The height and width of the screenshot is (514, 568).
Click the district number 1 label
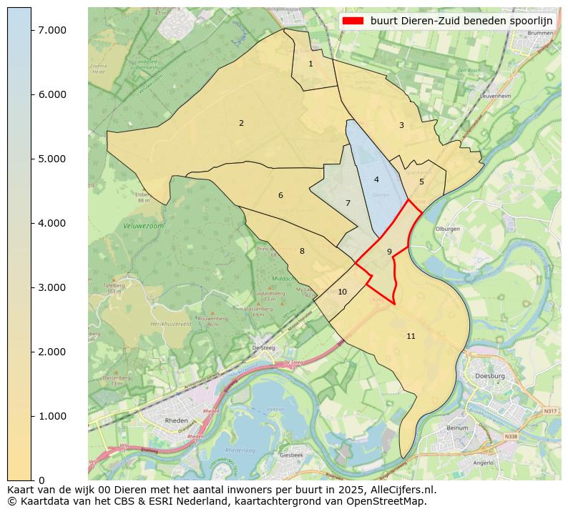coord(310,64)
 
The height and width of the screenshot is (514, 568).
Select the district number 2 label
coord(241,124)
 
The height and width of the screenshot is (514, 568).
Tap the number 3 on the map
coord(401,126)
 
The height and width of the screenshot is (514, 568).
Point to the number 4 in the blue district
coord(376,180)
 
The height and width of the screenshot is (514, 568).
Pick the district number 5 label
coord(421,182)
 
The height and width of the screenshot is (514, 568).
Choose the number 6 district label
coord(280,196)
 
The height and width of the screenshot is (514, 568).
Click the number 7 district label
coord(348,204)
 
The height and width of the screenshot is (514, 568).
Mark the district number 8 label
coord(302,252)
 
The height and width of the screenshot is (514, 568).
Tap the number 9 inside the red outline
coord(389,252)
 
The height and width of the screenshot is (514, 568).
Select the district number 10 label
coord(342,292)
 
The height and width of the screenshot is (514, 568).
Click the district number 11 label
coord(411,337)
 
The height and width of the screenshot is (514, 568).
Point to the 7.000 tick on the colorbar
coord(52,30)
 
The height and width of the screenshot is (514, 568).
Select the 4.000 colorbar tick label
coord(52,223)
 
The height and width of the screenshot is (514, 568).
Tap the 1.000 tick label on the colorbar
coord(52,416)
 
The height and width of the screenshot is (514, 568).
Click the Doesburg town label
coord(490,375)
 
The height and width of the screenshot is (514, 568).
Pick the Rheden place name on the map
coord(177,421)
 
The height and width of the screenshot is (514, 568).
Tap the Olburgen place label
coord(447,229)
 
